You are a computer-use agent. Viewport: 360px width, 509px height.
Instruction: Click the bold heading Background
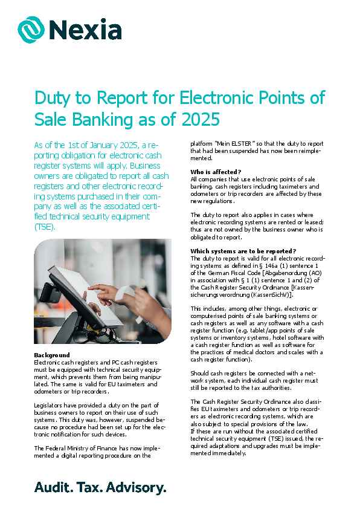click(52, 355)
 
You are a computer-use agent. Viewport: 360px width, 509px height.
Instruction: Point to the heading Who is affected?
click(216, 172)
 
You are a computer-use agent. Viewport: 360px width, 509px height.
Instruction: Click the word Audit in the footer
click(53, 487)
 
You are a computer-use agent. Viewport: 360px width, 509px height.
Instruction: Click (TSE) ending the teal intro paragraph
click(45, 227)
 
